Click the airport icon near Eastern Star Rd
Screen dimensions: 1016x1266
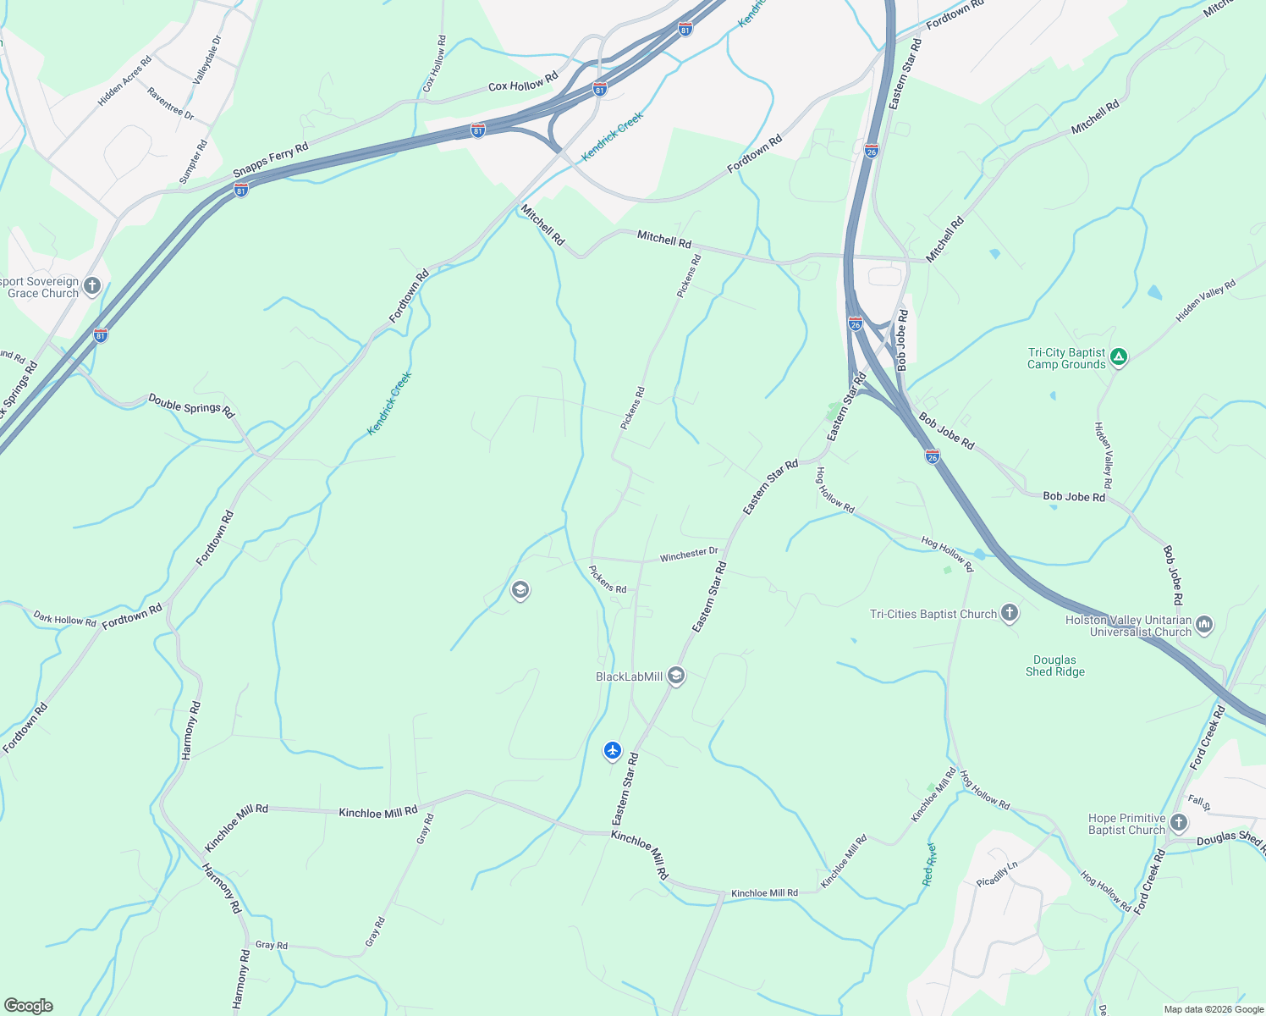(x=613, y=751)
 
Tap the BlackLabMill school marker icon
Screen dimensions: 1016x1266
(x=675, y=676)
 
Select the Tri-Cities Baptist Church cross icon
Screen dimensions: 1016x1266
(x=1009, y=613)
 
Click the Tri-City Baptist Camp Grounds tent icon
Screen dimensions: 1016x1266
(x=1119, y=357)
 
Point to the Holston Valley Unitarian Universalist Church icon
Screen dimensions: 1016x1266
(x=1204, y=626)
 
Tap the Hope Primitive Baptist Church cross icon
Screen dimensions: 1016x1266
(x=1178, y=823)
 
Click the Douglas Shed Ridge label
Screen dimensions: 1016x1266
(x=1054, y=665)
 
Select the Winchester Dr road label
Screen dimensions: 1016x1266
(x=689, y=554)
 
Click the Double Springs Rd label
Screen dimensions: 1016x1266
(x=191, y=406)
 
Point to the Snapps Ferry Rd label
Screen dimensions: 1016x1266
(x=271, y=160)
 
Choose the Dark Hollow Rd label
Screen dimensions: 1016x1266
(x=65, y=619)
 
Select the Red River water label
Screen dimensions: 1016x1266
(x=929, y=864)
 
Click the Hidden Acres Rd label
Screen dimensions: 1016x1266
(x=124, y=80)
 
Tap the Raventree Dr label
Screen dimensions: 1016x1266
(x=170, y=103)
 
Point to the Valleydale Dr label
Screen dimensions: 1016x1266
(x=207, y=59)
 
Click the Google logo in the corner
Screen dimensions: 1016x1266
(x=29, y=1006)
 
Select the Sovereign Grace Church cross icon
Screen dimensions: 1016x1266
(x=92, y=286)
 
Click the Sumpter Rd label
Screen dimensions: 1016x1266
(x=194, y=162)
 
